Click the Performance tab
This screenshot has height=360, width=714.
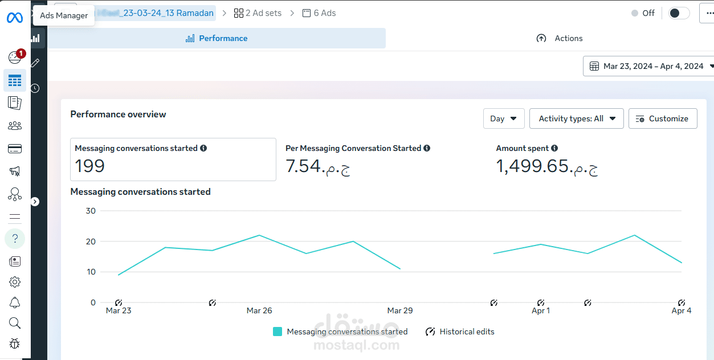click(x=217, y=38)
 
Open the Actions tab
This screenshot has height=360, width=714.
click(x=560, y=38)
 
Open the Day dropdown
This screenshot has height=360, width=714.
click(x=504, y=118)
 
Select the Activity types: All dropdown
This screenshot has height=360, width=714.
click(x=577, y=118)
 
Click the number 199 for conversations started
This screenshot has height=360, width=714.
click(x=90, y=166)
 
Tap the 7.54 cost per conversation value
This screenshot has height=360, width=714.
click(x=304, y=166)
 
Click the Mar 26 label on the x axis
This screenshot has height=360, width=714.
click(x=259, y=310)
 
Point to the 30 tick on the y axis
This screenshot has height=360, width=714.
click(x=90, y=211)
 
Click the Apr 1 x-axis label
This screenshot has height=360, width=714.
click(x=541, y=310)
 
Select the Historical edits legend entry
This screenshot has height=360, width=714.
click(x=460, y=332)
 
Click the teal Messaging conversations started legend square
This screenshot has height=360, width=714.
click(x=278, y=332)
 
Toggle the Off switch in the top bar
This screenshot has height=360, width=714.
click(x=679, y=13)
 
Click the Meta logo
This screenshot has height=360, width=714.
click(x=15, y=18)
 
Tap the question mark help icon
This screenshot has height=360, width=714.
click(x=15, y=239)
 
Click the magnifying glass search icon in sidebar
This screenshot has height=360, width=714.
click(x=15, y=323)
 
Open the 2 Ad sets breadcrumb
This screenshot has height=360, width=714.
click(x=258, y=13)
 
